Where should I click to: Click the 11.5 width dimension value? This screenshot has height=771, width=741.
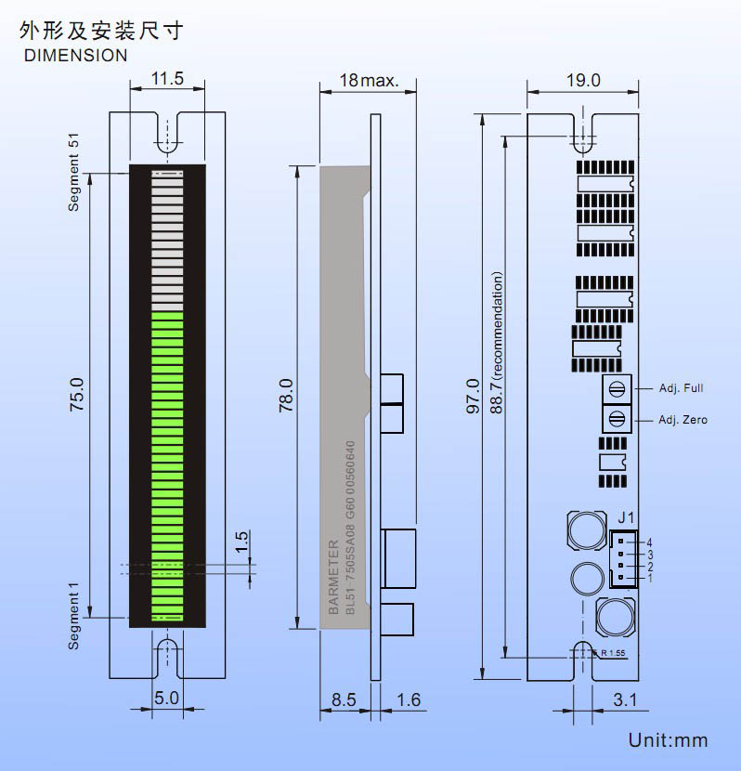point(167,78)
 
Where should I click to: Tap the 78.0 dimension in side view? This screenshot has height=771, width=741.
point(285,396)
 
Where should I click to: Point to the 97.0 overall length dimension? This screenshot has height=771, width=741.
point(473,396)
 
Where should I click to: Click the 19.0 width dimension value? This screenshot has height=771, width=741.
point(583,81)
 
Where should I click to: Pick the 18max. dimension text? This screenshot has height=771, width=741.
point(369,81)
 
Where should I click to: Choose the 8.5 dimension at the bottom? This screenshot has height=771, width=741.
point(344,699)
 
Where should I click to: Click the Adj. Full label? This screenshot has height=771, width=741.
point(682,386)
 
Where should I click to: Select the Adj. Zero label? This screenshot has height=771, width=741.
point(682,420)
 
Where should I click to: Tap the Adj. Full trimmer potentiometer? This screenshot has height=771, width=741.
point(616,386)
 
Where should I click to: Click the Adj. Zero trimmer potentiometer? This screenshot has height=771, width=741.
point(616,419)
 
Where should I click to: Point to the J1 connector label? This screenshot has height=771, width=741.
point(626,517)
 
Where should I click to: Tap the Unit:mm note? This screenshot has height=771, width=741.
point(668,740)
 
